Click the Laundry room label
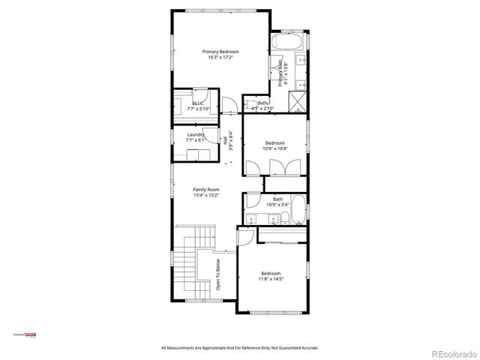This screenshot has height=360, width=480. click(195, 134)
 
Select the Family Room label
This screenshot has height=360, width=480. click(206, 190)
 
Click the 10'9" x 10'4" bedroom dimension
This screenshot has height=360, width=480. click(274, 148)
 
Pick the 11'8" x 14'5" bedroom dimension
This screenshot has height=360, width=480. click(271, 278)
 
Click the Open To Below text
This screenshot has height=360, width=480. click(218, 276)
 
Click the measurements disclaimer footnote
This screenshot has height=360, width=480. click(240, 347)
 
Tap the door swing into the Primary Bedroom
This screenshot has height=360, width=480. click(230, 106)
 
